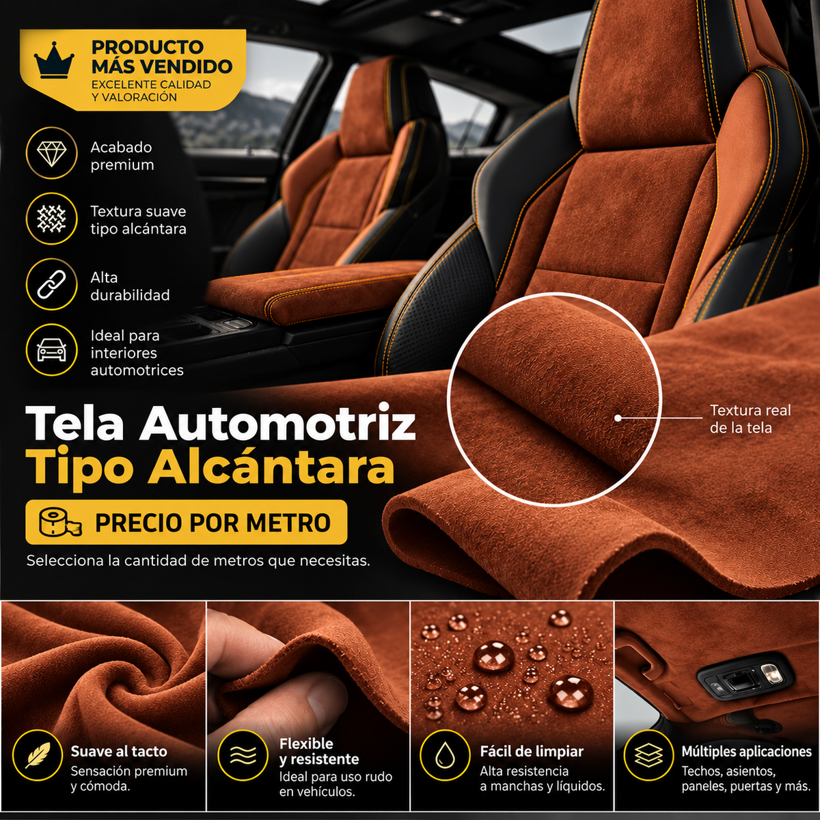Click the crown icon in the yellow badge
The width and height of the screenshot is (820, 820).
54,60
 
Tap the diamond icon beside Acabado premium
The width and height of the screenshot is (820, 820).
51,153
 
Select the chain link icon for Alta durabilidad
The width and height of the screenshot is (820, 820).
51,284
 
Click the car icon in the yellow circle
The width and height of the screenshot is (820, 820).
51,351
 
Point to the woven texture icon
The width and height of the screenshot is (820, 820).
51,219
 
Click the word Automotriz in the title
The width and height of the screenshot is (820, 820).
277,424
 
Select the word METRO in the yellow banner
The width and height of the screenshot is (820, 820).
288,523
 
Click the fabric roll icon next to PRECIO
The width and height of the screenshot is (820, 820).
59,523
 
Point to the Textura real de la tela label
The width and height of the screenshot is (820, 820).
750,419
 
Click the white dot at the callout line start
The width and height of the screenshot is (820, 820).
618,418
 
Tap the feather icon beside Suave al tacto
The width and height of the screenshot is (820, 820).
38,754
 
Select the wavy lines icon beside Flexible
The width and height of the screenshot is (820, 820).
243,755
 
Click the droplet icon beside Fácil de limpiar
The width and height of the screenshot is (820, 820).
445,755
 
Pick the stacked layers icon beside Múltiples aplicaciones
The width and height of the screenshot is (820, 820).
648,755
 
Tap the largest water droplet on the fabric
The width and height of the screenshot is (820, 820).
493,656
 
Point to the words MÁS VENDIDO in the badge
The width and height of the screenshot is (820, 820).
162,67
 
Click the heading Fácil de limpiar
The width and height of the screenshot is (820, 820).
532,751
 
